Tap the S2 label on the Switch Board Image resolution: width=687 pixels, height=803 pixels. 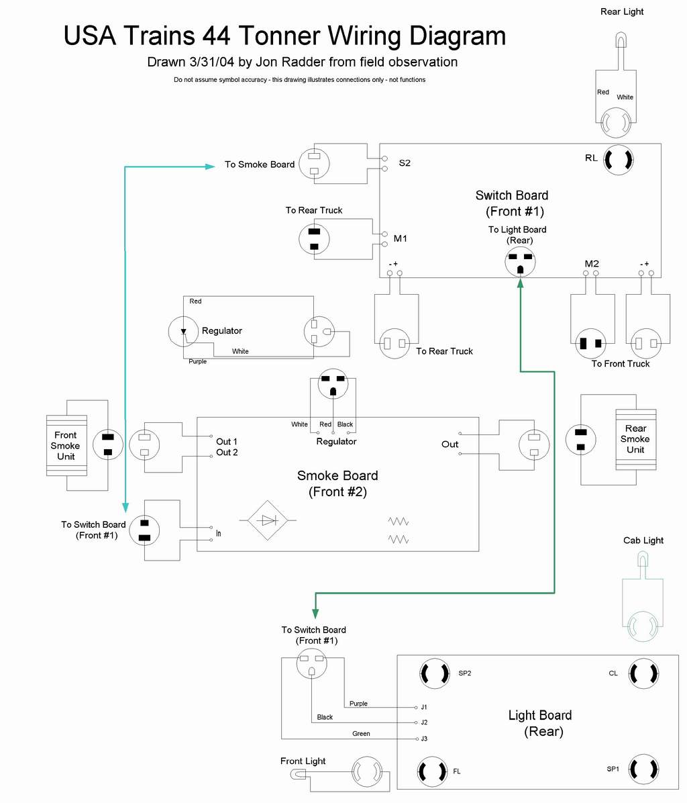pos(405,163)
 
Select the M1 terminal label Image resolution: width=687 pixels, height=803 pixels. pos(401,238)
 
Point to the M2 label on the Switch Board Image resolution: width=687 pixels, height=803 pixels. pos(592,264)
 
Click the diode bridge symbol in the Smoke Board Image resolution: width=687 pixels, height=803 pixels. pos(268,520)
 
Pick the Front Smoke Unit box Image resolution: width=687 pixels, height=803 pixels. pos(66,446)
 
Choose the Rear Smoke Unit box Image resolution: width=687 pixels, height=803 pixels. pos(635,439)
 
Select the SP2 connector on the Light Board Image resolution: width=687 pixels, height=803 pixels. pos(434,673)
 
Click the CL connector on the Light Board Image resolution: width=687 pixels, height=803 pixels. pos(643,673)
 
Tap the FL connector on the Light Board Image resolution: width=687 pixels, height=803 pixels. pos(433,771)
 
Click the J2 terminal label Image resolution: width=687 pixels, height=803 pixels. pos(424,723)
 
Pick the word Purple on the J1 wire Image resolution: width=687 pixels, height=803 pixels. pos(358,704)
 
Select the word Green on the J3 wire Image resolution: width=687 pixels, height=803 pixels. pos(361,734)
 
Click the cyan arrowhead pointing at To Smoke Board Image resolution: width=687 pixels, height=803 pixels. pos(210,166)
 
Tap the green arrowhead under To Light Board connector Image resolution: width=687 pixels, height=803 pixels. pos(520,283)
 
